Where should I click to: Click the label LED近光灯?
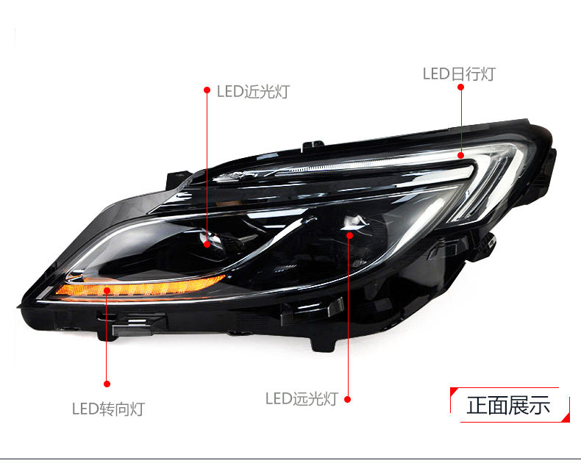pyautogui.click(x=253, y=92)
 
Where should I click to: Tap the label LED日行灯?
pyautogui.click(x=459, y=73)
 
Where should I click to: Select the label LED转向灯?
pyautogui.click(x=108, y=409)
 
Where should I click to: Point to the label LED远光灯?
pyautogui.click(x=301, y=398)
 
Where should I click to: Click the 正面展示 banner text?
pyautogui.click(x=508, y=404)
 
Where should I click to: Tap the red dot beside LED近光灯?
pyautogui.click(x=207, y=90)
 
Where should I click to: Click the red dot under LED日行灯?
pyautogui.click(x=461, y=87)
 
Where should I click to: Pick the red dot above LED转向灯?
pyautogui.click(x=107, y=383)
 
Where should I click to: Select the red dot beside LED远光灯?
pyautogui.click(x=347, y=399)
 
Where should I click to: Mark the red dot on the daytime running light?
pyautogui.click(x=461, y=155)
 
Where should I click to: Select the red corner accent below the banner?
pyautogui.click(x=566, y=418)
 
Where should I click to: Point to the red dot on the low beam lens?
pyautogui.click(x=207, y=244)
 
